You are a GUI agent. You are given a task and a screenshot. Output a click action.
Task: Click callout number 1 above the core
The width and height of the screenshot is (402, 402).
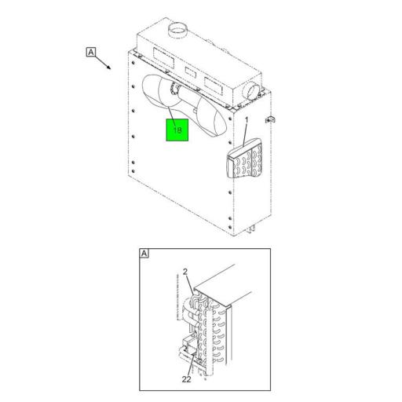pyautogui.click(x=246, y=120)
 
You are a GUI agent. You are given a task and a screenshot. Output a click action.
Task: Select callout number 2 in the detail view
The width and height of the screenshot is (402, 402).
pyautogui.click(x=185, y=272)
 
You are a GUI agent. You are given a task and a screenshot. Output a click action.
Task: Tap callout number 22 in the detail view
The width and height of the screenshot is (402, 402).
pyautogui.click(x=186, y=378)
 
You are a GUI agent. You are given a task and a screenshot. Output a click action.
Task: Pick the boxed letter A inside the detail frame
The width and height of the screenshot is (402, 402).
pyautogui.click(x=144, y=254)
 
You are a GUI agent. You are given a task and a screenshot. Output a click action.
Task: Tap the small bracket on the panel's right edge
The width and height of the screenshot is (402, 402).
pyautogui.click(x=271, y=120)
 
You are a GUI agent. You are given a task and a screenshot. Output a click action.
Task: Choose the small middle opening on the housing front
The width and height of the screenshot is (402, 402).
pyautogui.click(x=189, y=69)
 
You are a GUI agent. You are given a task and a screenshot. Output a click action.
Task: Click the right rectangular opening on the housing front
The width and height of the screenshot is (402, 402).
pyautogui.click(x=214, y=79)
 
